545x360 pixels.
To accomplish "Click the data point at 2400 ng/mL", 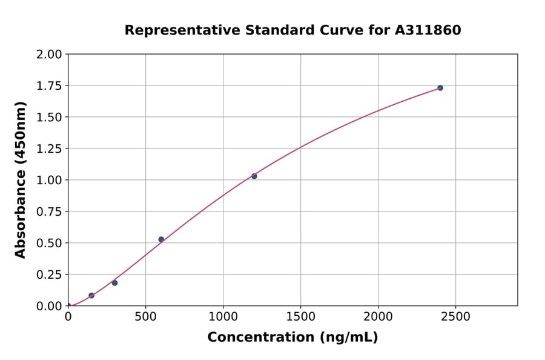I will coord(440,88).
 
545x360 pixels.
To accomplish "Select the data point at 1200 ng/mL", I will coord(254,176).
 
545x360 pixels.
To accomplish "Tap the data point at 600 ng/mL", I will coord(161,239).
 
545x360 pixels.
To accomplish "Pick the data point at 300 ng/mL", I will coord(114,283).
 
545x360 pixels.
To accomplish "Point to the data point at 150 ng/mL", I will coord(91,296).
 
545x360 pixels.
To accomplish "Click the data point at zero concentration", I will coord(68,306).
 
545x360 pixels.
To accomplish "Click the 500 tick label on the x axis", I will coord(145,317).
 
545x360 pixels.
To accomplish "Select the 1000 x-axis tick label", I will coord(223,317).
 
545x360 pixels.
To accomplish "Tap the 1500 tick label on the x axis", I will coord(300,317).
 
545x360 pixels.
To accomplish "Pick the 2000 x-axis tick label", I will coord(378,317).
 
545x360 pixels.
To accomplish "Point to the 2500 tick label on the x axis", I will coord(455,317).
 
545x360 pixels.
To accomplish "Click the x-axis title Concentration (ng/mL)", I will coord(292,338).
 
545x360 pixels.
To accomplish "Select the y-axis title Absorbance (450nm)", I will coord(21,180).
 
